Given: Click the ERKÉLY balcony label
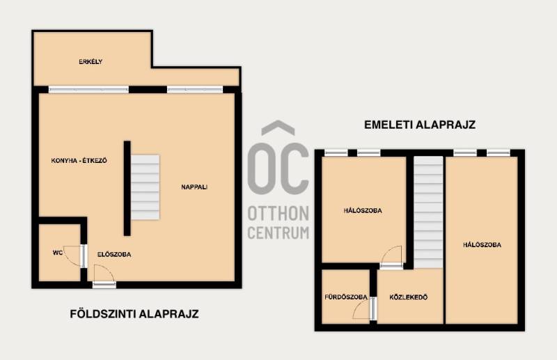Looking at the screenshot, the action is pos(91,62).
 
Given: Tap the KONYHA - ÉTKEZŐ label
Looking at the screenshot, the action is pos(79,161).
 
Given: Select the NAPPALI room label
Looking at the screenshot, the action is pos(194,187).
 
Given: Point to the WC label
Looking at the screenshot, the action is pos(58,253).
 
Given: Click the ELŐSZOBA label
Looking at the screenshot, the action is pos(114,254).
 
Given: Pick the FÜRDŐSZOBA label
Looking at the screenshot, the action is pos(345,297).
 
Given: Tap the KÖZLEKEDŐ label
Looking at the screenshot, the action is pos(409,297).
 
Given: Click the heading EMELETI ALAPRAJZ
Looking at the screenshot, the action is pos(420,125).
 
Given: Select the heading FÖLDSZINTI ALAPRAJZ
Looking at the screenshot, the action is pos(134,314).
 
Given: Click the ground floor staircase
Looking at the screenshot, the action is pos(145,187).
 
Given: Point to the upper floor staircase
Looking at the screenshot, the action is pos(428,212).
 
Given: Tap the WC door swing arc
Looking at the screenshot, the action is pos(73,256).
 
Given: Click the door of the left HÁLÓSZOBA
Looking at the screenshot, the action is pos(391,256).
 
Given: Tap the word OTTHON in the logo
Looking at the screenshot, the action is pos(278,214).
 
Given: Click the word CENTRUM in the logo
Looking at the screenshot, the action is pos(278,233).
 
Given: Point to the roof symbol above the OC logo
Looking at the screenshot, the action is pos(278,128).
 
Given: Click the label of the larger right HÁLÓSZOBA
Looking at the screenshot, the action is pos(482,245).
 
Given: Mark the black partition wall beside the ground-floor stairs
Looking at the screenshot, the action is pos(127,188).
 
